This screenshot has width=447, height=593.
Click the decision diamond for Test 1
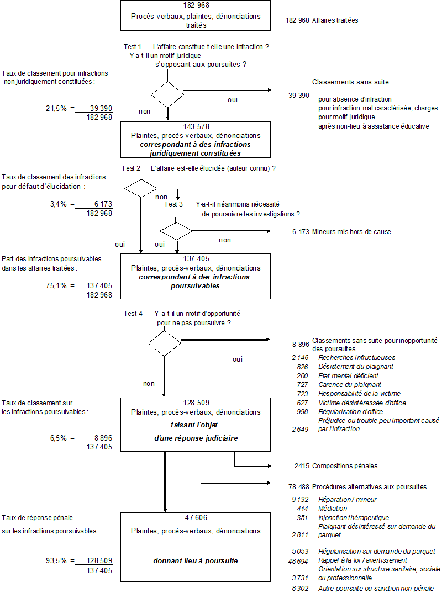[167, 94]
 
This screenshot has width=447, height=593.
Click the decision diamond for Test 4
[164, 345]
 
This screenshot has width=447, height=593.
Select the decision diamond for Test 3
[176, 231]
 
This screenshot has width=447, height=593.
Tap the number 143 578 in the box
[196, 126]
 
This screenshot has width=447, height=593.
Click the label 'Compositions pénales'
[345, 466]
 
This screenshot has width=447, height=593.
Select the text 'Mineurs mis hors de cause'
[351, 232]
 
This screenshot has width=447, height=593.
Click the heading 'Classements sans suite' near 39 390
[350, 82]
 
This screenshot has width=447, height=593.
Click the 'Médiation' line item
[333, 509]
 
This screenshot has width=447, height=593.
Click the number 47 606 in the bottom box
[196, 517]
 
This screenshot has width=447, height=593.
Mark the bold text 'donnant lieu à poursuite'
[196, 560]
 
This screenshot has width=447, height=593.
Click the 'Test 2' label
[130, 168]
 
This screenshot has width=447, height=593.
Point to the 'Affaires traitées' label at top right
[335, 20]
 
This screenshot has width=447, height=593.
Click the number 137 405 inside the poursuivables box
[196, 258]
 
